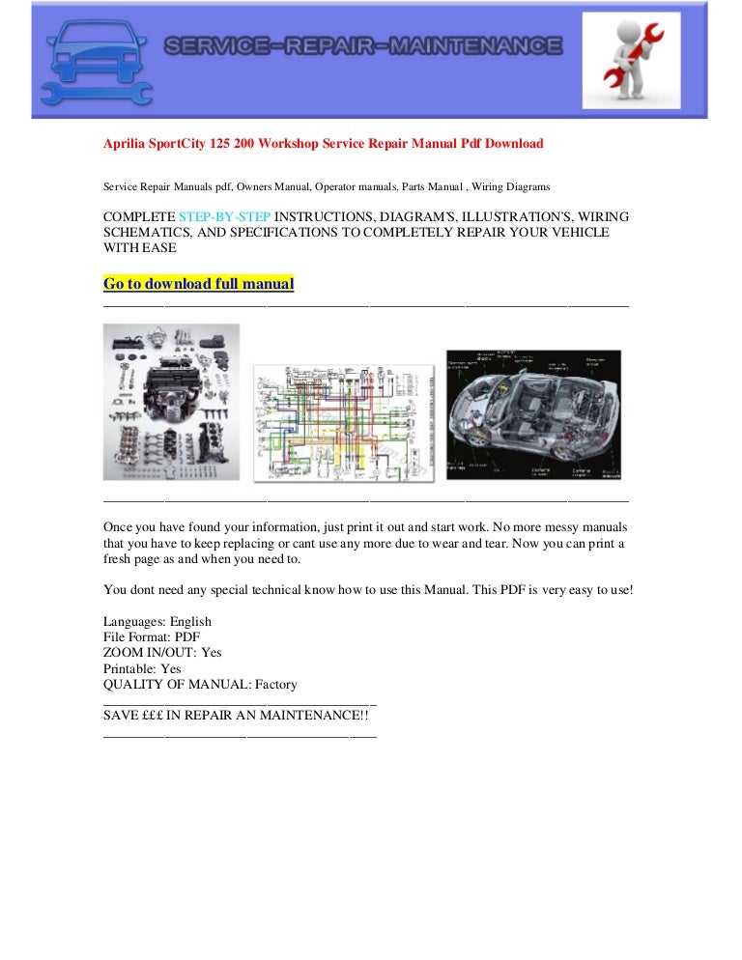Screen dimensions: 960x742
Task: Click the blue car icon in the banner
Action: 95,61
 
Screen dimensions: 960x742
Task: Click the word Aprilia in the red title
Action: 125,144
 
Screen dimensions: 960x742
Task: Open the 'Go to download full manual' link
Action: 198,284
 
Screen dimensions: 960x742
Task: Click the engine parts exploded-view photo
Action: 171,401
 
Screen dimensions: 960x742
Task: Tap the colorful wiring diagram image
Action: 343,423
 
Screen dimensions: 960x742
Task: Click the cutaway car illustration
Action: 533,414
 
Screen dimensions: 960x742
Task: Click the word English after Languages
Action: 190,622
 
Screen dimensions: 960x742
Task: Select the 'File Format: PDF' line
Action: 151,637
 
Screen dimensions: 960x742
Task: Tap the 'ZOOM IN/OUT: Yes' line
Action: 162,653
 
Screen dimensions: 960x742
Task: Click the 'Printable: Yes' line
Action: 142,668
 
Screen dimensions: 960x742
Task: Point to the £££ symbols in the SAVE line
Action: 151,719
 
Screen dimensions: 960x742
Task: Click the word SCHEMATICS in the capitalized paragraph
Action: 145,232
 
